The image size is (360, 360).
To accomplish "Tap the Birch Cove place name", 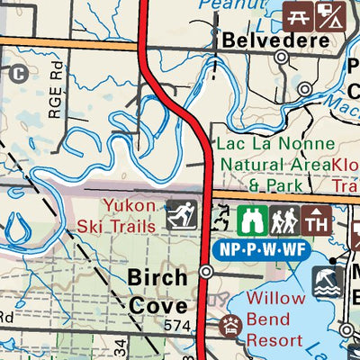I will (x=157, y=290).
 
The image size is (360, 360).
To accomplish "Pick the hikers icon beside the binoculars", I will (x=283, y=219).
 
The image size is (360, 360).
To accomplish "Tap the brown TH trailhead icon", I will (x=316, y=219).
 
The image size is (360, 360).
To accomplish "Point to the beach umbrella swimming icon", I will (x=327, y=283).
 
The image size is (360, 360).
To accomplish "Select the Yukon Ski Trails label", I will (x=129, y=215).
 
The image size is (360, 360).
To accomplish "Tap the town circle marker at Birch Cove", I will (x=206, y=271).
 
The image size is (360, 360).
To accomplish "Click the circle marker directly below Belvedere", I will (x=282, y=57).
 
